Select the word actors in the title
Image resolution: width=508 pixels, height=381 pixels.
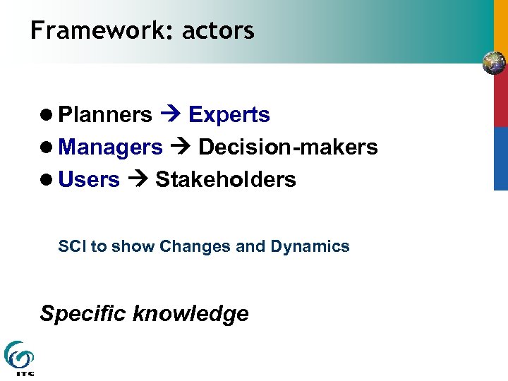click(x=218, y=31)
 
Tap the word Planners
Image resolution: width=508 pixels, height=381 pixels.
click(x=105, y=115)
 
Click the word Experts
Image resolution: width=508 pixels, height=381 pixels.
click(x=229, y=115)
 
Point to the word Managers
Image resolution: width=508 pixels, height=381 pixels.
click(x=111, y=147)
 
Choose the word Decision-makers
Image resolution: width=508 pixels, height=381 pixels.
click(x=288, y=147)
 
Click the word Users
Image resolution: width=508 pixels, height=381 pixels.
click(x=89, y=180)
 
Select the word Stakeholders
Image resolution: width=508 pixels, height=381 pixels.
click(x=226, y=180)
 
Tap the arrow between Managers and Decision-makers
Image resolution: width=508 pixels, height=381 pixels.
click(x=180, y=147)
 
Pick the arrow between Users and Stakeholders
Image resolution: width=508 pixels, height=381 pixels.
click(x=137, y=180)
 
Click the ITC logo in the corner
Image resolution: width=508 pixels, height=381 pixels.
click(x=19, y=358)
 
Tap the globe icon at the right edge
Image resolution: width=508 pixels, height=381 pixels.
click(x=494, y=64)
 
